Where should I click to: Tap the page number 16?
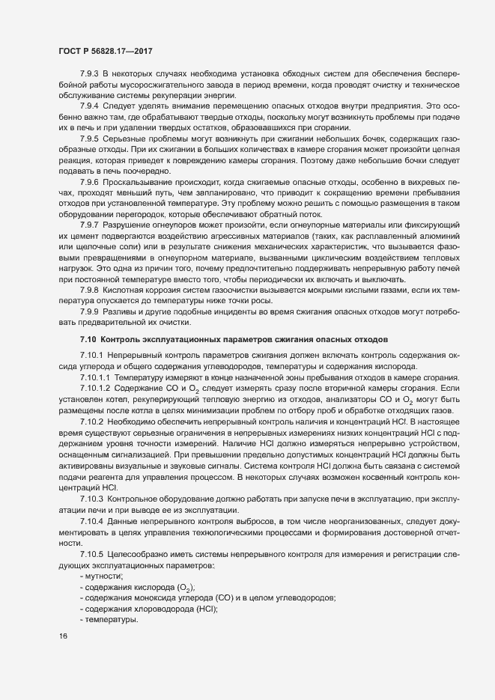(x=62, y=636)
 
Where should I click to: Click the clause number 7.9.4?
(x=89, y=106)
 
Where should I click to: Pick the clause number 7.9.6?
(x=89, y=183)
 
